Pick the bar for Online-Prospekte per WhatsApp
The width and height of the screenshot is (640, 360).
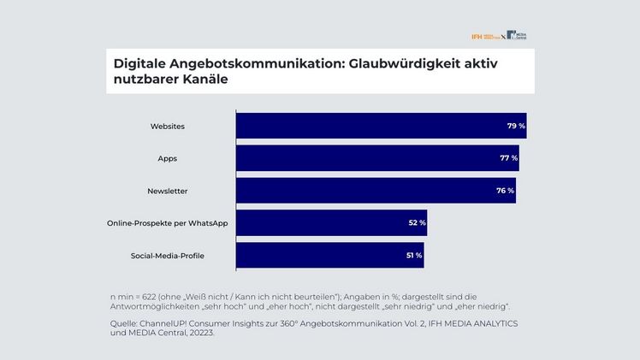click(x=329, y=223)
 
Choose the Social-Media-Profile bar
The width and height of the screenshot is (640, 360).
click(x=327, y=255)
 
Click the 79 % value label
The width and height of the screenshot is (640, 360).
click(x=516, y=127)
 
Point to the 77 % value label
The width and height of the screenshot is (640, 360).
click(x=508, y=158)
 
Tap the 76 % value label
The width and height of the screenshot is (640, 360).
click(x=505, y=191)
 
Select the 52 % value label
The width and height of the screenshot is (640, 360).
click(x=417, y=223)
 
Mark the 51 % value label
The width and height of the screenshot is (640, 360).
click(x=414, y=255)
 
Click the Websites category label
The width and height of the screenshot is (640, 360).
click(x=168, y=127)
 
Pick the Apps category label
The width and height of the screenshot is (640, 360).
click(x=168, y=158)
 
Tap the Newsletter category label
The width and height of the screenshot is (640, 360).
click(x=168, y=191)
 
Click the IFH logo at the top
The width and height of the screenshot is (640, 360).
click(x=484, y=36)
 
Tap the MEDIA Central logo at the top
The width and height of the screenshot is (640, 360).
click(x=516, y=36)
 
